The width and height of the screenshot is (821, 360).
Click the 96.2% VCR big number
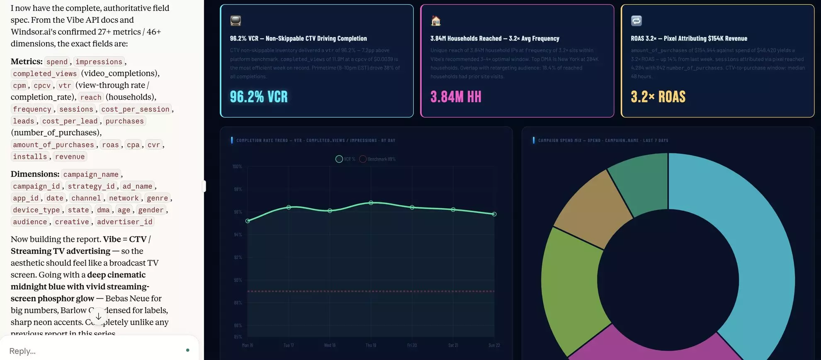[259, 97]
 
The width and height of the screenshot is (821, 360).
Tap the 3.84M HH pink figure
[456, 97]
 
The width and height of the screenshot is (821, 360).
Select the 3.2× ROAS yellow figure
[658, 97]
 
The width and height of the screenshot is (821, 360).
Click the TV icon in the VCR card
[236, 20]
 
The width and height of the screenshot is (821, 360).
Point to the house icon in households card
[436, 20]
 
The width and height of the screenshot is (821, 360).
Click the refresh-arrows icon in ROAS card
[636, 20]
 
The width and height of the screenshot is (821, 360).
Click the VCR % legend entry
[345, 159]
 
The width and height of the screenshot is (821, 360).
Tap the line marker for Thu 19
[371, 203]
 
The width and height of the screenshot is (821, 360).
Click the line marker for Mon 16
[248, 221]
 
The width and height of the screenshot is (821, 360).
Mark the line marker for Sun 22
[494, 214]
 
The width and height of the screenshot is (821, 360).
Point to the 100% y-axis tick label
[237, 166]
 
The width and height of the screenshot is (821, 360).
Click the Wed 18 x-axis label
[330, 345]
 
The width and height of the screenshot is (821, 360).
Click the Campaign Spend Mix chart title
[603, 140]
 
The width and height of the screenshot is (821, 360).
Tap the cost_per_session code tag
[135, 109]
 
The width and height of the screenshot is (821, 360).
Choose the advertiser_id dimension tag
[124, 222]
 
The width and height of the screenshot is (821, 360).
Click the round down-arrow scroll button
[98, 316]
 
